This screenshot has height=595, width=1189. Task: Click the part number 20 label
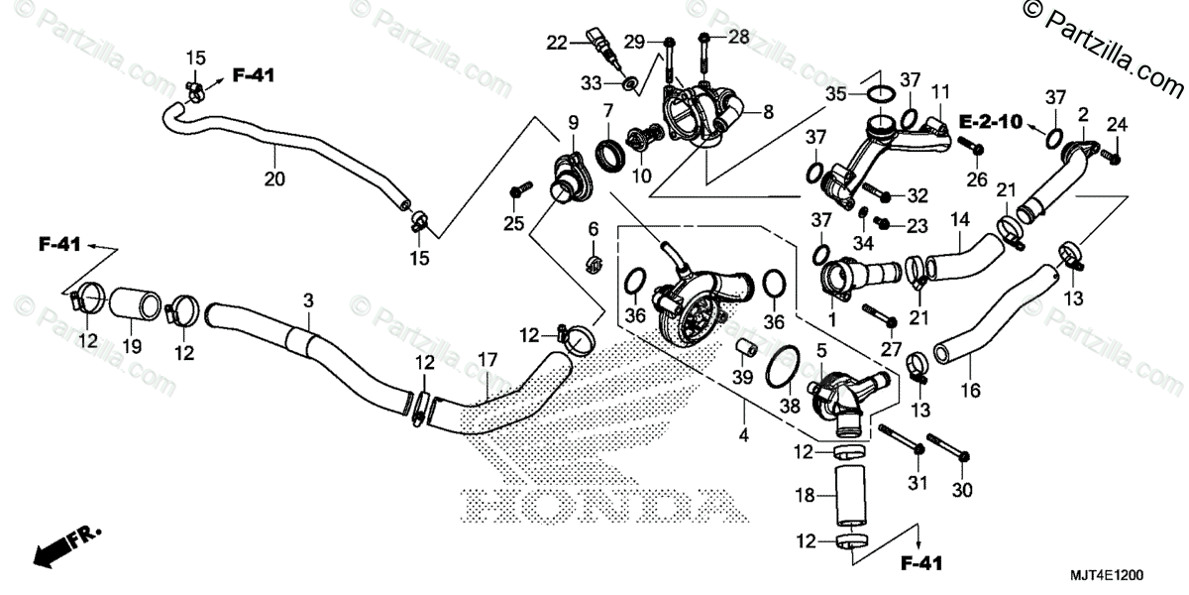(274, 179)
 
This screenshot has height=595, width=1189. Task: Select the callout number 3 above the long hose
(308, 298)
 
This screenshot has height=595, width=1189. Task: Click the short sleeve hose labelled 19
(133, 304)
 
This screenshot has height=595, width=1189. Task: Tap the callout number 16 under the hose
(970, 391)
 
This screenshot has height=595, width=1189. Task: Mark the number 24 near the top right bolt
(1117, 124)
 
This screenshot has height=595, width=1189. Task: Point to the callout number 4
(743, 435)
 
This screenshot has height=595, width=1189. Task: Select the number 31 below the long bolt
(916, 483)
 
